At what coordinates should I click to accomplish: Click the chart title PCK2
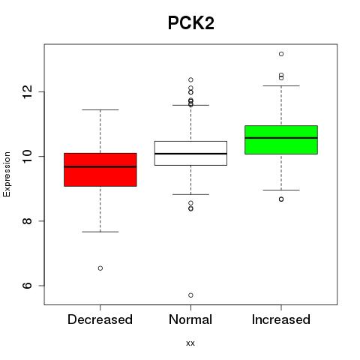(191, 23)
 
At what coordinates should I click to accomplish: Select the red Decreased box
(100, 169)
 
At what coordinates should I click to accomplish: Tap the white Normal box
(190, 153)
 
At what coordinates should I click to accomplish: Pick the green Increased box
(281, 139)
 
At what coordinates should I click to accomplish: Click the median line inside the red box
(100, 166)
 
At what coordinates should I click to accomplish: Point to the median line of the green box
(281, 138)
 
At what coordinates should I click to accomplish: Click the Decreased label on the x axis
(100, 319)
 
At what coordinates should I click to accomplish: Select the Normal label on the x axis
(190, 319)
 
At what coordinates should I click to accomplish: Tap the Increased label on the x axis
(281, 319)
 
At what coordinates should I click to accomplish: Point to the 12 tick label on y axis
(28, 91)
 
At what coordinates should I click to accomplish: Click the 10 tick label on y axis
(28, 157)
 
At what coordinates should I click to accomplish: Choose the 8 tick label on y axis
(28, 221)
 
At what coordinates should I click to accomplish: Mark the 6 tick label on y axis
(28, 286)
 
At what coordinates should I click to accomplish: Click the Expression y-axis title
(7, 174)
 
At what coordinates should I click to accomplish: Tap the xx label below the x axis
(190, 343)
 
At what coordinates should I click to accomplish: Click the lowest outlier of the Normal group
(190, 295)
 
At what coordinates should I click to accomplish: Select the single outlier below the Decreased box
(100, 268)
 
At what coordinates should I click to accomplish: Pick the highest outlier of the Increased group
(281, 54)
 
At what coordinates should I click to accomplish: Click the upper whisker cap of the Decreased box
(100, 109)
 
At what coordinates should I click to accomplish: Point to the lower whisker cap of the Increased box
(281, 190)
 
